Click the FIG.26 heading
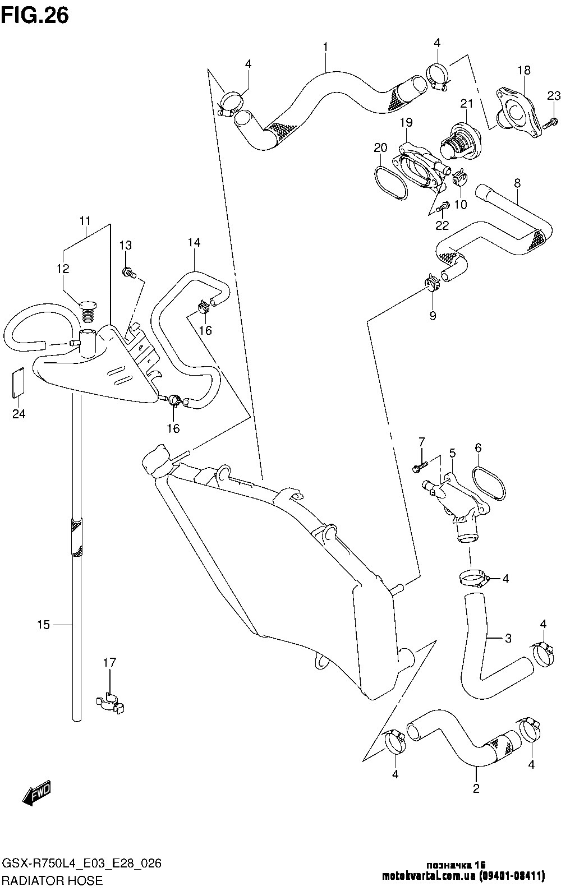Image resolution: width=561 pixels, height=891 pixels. click(x=35, y=15)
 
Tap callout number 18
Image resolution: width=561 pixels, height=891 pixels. click(x=524, y=71)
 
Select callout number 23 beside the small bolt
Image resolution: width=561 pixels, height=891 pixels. click(x=554, y=96)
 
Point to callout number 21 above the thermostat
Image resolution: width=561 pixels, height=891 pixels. click(x=467, y=103)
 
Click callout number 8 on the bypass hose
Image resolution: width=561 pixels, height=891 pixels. click(x=517, y=183)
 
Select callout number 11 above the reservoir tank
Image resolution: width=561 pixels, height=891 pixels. click(x=85, y=221)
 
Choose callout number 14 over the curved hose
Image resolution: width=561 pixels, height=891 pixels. click(x=194, y=242)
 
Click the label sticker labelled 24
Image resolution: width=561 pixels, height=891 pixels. click(x=17, y=382)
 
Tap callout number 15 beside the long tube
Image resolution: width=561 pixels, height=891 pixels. click(x=43, y=625)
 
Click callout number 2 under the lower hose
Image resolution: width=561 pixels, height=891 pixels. click(x=476, y=788)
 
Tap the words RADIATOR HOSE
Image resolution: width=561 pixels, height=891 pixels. click(x=53, y=880)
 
